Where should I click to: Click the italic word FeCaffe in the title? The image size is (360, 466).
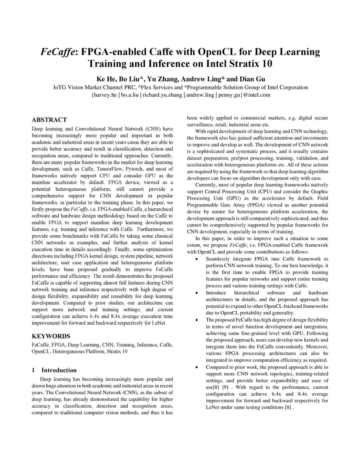(x=59, y=53)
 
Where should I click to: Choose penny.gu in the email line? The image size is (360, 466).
(x=229, y=95)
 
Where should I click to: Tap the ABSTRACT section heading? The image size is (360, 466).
(x=50, y=120)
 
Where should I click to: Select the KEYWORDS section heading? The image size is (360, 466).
(x=51, y=336)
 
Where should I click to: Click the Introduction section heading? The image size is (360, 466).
(x=59, y=370)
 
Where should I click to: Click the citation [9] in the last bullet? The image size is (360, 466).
(x=225, y=387)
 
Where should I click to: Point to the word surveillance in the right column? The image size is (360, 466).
(x=201, y=124)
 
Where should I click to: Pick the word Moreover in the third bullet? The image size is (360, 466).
(x=318, y=346)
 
